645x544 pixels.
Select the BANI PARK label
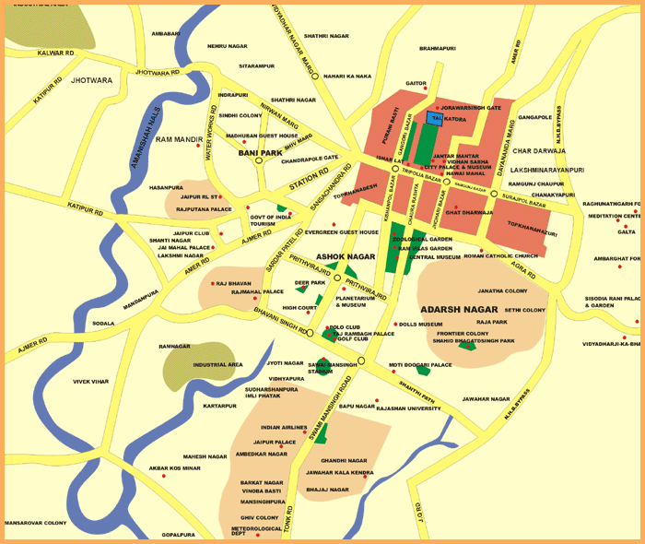260,153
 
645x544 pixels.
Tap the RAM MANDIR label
179,139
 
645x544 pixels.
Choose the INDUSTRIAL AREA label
218,365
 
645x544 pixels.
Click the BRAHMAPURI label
438,48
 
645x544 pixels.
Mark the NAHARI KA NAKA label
347,77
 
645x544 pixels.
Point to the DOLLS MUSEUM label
420,325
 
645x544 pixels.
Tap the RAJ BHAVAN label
234,283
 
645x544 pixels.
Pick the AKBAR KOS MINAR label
174,468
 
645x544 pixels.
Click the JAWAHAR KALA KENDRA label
340,473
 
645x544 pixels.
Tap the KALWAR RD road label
55,53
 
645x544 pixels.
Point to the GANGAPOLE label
534,118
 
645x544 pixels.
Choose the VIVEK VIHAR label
91,381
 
